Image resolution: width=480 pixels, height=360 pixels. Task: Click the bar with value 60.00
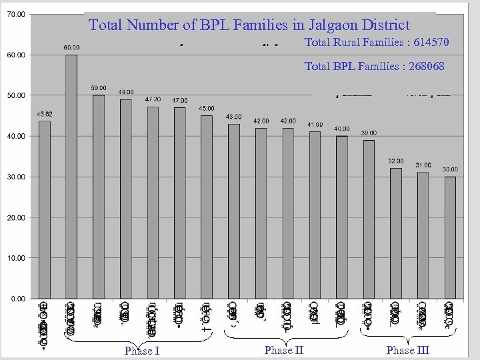click(x=71, y=176)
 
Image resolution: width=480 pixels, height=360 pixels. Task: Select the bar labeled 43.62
click(x=44, y=209)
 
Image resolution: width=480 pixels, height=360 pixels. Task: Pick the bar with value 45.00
click(x=207, y=207)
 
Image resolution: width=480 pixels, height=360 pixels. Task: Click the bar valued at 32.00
click(x=396, y=233)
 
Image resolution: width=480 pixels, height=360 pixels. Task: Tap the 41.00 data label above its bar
click(x=315, y=125)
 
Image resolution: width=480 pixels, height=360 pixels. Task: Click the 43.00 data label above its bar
click(x=233, y=117)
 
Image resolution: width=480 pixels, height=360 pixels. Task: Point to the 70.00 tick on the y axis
click(x=17, y=14)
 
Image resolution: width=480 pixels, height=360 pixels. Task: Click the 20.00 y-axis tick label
click(x=17, y=217)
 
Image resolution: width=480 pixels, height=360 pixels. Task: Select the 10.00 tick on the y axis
click(x=17, y=258)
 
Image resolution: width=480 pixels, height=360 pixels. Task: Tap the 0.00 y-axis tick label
click(x=18, y=299)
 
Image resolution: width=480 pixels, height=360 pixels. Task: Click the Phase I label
click(x=142, y=351)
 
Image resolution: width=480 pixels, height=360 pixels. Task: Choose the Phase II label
click(x=283, y=349)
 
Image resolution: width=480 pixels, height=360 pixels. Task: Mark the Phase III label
click(x=407, y=349)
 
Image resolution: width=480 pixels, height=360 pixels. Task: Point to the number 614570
click(x=431, y=43)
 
